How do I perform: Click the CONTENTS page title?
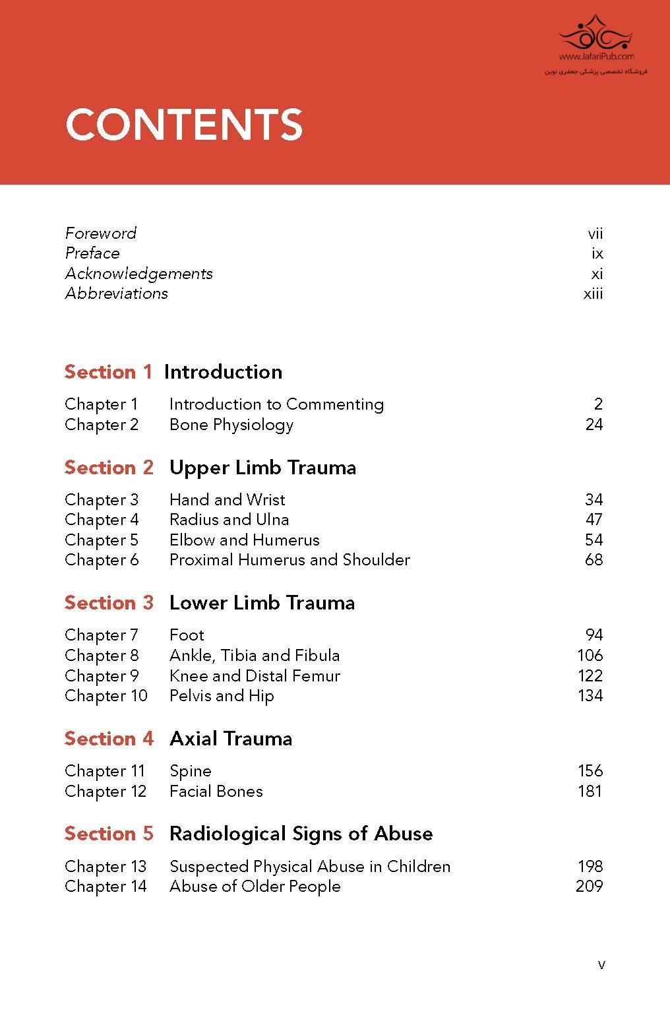pos(184,125)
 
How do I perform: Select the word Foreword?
pos(101,234)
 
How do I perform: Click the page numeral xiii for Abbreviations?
pos(593,294)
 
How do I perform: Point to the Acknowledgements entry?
pos(138,274)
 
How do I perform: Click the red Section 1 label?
pos(108,372)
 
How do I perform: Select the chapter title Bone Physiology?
pos(231,425)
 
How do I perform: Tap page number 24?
pos(594,425)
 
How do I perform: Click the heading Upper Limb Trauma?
pos(262,468)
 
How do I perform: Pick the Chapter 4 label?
pos(102,520)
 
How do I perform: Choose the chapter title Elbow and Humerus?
pos(244,540)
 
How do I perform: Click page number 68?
pos(594,560)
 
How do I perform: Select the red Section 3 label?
pos(109,603)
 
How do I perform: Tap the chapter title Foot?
pos(187,635)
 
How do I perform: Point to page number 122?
pos(590,676)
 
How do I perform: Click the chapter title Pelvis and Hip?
pos(222,696)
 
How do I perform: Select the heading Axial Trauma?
pos(231,739)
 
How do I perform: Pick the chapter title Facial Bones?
pos(216,792)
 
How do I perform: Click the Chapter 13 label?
pos(106,867)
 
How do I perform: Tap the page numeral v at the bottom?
pos(601,965)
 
